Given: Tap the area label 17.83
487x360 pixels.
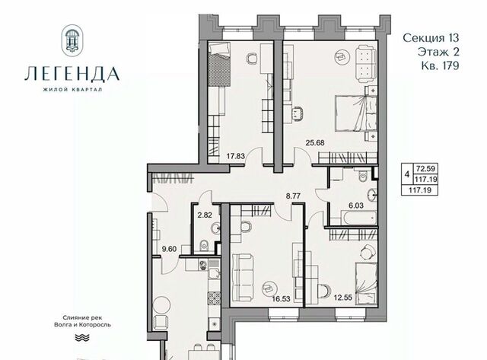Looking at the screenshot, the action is click(x=235, y=156).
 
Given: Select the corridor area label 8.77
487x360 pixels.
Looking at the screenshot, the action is click(x=293, y=196).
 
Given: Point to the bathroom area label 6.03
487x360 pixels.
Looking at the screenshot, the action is click(x=356, y=205).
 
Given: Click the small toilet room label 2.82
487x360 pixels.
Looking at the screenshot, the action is click(x=205, y=215).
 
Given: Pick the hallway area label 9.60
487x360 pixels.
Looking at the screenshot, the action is click(x=169, y=249).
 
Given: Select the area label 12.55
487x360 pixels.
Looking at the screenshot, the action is click(x=343, y=298).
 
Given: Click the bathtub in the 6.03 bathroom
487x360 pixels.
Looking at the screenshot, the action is click(x=360, y=218).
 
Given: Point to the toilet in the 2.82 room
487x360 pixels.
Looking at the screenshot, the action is click(x=204, y=245).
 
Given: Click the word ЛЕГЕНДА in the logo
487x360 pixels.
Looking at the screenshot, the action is click(x=72, y=74).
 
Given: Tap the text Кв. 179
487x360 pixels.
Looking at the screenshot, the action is click(x=440, y=66).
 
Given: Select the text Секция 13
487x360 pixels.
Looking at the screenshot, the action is click(x=431, y=38).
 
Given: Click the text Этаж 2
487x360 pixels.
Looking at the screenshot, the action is click(x=438, y=52).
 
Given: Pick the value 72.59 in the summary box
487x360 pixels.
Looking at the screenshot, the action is click(x=426, y=169).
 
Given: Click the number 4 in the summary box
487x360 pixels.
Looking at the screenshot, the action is click(x=407, y=174).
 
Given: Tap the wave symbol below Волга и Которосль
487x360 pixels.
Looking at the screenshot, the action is click(x=82, y=338).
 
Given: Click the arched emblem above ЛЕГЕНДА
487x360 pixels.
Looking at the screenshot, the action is click(x=72, y=40).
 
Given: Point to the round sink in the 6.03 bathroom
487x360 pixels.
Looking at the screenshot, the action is click(x=372, y=196).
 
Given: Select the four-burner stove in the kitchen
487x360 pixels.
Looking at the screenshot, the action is click(x=215, y=298).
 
